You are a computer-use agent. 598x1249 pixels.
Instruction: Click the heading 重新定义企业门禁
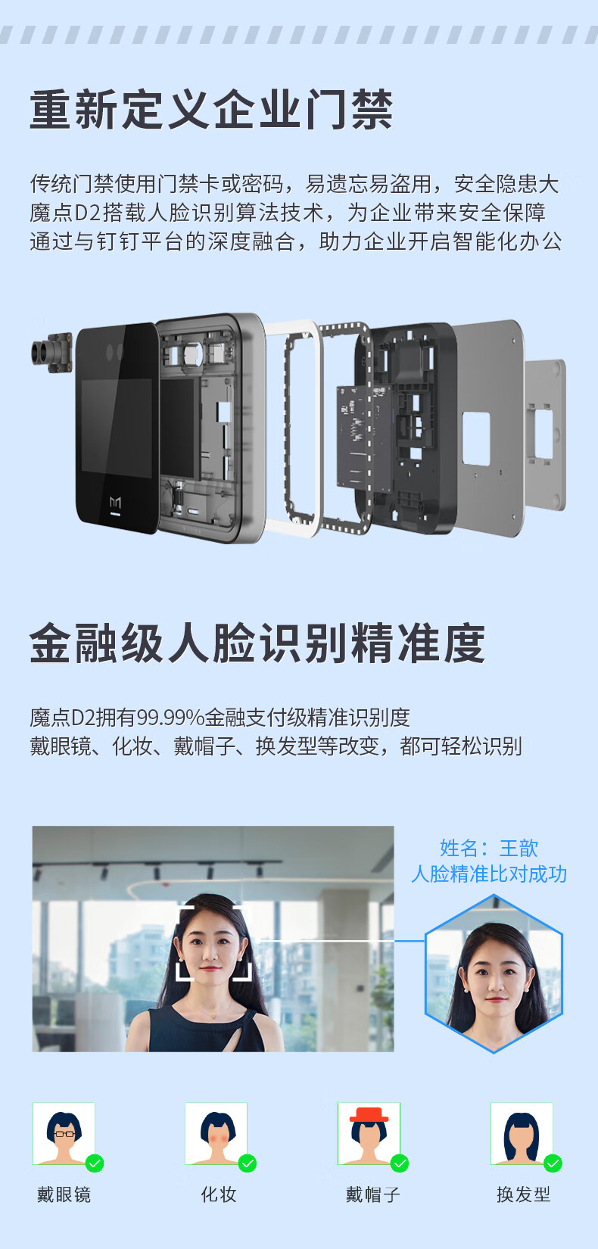[x=211, y=110]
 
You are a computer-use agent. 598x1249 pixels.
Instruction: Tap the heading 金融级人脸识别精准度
[x=257, y=643]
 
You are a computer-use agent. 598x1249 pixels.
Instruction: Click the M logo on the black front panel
[x=115, y=503]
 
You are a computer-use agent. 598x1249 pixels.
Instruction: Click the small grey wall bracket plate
[x=544, y=435]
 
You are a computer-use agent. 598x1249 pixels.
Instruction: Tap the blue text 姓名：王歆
[x=489, y=848]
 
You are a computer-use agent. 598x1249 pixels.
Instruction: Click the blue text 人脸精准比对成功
[x=489, y=874]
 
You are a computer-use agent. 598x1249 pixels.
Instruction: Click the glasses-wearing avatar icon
[x=64, y=1134]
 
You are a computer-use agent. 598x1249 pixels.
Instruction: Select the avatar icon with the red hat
[x=369, y=1134]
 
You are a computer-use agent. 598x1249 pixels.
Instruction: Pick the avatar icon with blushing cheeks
[x=216, y=1134]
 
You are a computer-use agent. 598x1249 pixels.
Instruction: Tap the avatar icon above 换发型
[x=522, y=1134]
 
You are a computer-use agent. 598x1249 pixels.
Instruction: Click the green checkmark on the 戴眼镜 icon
[x=95, y=1163]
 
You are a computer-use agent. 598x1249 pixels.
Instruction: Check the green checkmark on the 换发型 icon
[x=553, y=1163]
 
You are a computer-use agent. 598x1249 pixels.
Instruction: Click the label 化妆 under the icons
[x=219, y=1194]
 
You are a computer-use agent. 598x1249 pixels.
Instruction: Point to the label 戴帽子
[x=372, y=1194]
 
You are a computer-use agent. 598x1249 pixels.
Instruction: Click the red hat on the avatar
[x=369, y=1115]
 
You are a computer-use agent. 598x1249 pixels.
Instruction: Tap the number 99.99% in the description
[x=170, y=718]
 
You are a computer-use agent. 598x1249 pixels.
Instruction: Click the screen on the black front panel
[x=117, y=428]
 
